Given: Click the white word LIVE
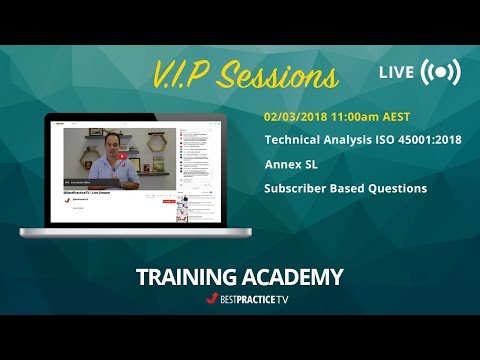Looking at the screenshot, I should click(397, 73).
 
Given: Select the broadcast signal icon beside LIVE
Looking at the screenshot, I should click(441, 73).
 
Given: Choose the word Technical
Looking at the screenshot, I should click(296, 140).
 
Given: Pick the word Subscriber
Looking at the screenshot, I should click(300, 188).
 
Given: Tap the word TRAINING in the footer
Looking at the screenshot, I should click(187, 277).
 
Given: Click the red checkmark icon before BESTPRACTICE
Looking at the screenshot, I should click(211, 298).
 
